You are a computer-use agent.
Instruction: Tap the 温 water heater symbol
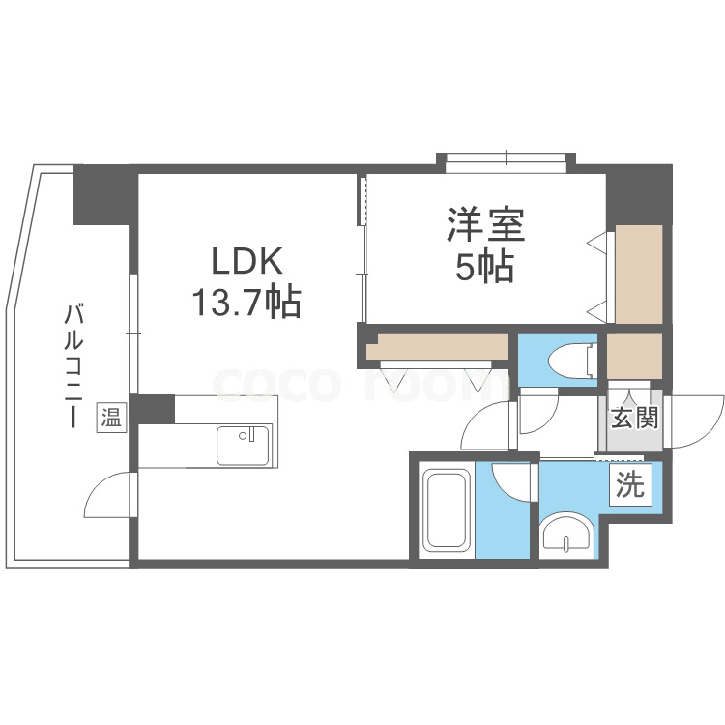coord(112,418)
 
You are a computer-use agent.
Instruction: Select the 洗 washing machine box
coord(629,485)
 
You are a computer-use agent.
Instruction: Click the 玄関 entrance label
coord(633,419)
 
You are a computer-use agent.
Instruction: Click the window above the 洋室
coord(506,160)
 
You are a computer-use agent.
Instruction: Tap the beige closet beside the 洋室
coord(639,275)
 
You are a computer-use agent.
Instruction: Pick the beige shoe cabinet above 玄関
coord(634,356)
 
